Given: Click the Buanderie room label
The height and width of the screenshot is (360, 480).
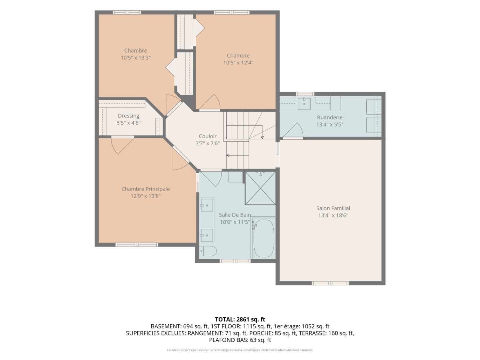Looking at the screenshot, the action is click(329, 117).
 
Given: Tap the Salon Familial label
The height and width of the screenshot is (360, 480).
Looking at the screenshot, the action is click(333, 208).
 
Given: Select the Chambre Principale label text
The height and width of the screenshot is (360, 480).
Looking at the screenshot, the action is click(145, 189).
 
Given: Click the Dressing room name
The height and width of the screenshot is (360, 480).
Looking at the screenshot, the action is click(128, 116).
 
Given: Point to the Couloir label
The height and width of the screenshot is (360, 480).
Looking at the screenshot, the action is click(207, 136).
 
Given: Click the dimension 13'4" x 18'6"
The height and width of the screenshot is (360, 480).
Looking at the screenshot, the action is click(333, 215).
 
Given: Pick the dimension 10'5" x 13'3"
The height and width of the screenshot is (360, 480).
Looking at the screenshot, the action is click(136, 58).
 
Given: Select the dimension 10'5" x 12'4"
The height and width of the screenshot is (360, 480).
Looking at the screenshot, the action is click(238, 63).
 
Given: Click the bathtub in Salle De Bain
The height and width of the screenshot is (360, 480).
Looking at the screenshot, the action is click(264, 238).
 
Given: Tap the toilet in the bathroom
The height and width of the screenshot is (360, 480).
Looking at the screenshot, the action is click(208, 251).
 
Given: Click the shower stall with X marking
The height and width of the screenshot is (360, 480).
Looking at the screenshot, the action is click(260, 188).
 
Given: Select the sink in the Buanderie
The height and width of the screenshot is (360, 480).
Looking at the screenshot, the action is click(304, 103).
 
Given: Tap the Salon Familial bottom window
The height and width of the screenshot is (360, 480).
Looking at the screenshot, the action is click(330, 283).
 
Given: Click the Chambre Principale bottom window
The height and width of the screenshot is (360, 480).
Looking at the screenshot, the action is click(137, 244).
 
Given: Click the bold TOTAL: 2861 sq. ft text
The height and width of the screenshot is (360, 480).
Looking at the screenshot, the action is click(240, 319).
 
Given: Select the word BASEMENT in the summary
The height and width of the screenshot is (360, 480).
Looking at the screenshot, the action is click(166, 326).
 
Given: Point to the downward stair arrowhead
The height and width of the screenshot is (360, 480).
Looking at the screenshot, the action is click(262, 138).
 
